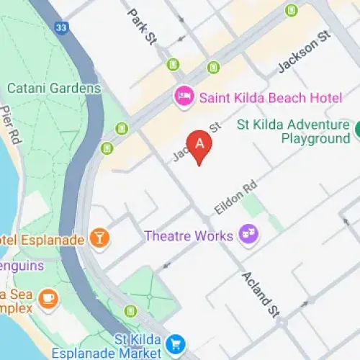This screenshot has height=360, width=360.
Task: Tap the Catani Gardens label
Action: point(54,88)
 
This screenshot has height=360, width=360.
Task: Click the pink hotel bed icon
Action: point(184,94)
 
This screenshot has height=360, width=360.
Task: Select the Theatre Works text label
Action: point(189,235)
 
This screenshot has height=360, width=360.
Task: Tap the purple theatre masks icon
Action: point(248,235)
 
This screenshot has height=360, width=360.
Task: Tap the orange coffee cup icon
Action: point(48,297)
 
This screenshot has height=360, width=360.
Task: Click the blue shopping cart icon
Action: point(174,344)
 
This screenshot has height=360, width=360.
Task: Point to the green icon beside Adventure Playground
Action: point(358,130)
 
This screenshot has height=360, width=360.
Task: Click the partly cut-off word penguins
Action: point(22,266)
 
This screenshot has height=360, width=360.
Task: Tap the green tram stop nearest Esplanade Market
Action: point(130,311)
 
